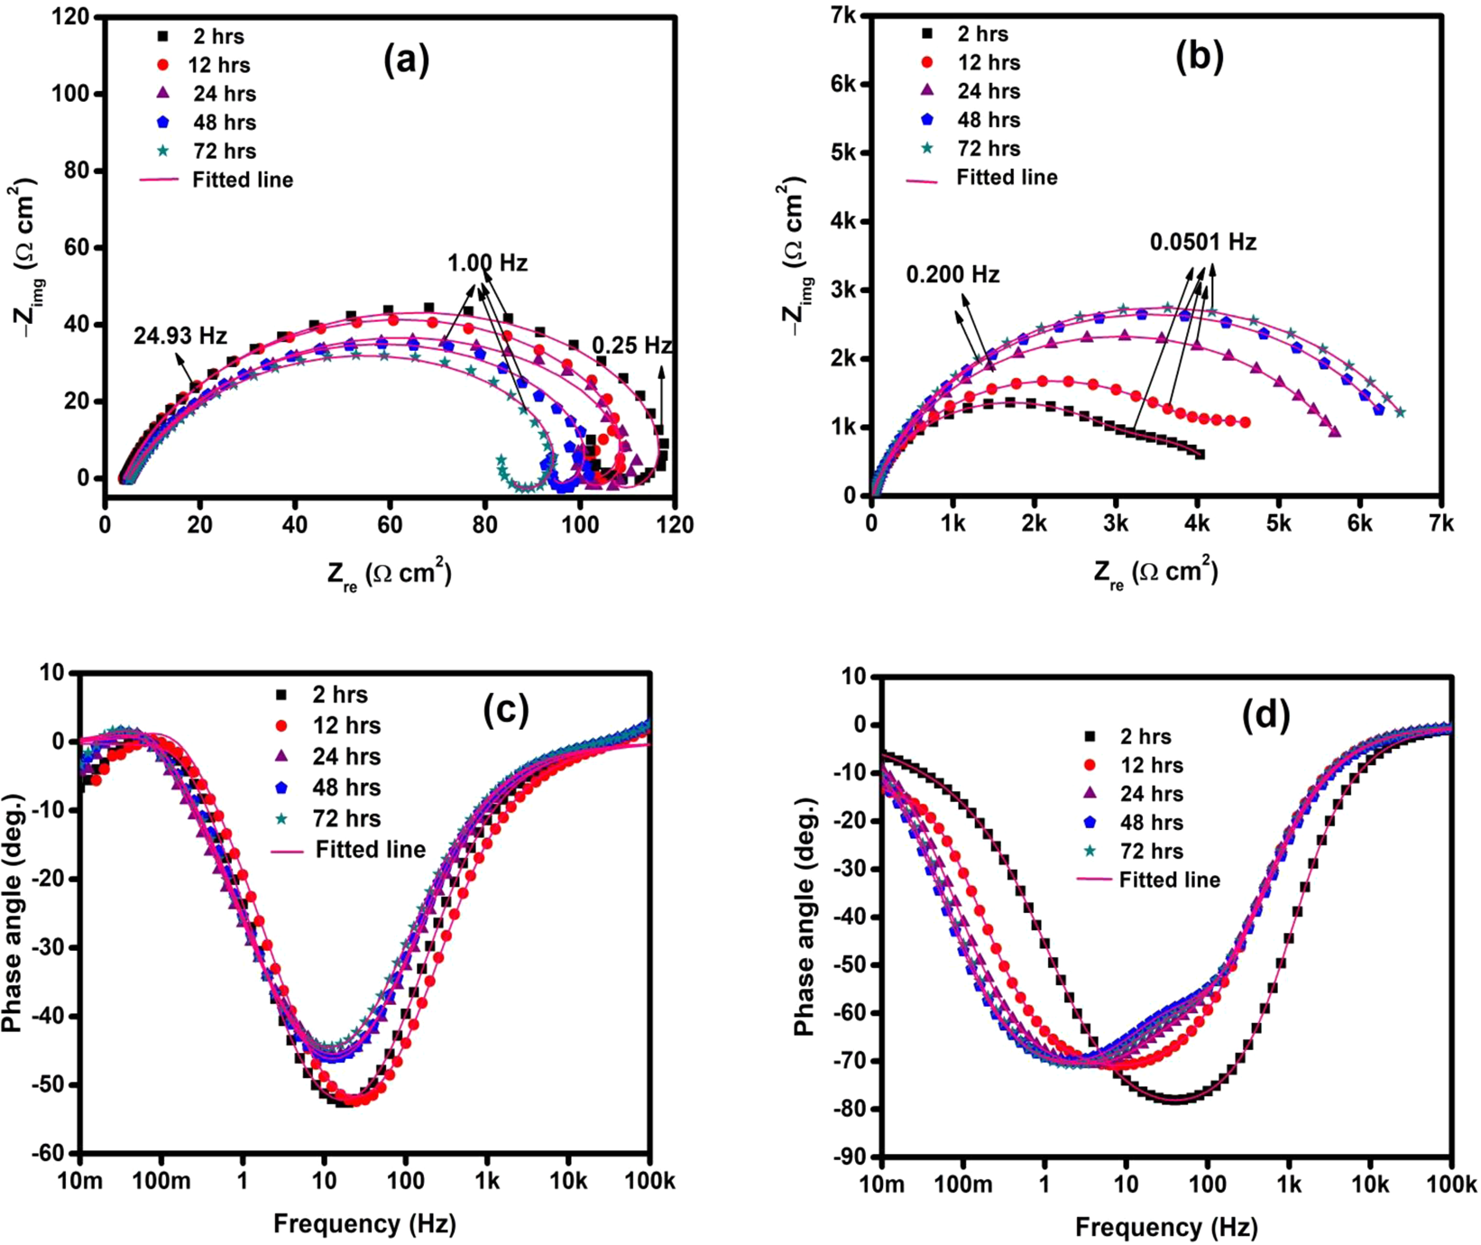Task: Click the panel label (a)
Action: coord(406,60)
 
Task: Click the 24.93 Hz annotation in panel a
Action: coord(180,336)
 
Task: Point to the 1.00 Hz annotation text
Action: coord(487,263)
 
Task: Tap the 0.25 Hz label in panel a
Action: coord(631,346)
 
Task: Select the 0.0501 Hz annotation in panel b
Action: coord(1202,242)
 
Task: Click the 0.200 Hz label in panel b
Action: coord(952,274)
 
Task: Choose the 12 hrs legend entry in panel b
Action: coord(988,62)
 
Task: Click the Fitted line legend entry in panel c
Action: coord(370,850)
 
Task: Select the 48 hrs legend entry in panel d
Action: coord(1150,822)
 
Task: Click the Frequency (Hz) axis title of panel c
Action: coord(364,1223)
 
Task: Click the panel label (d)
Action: coord(1265,715)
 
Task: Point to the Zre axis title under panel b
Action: coord(1154,573)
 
